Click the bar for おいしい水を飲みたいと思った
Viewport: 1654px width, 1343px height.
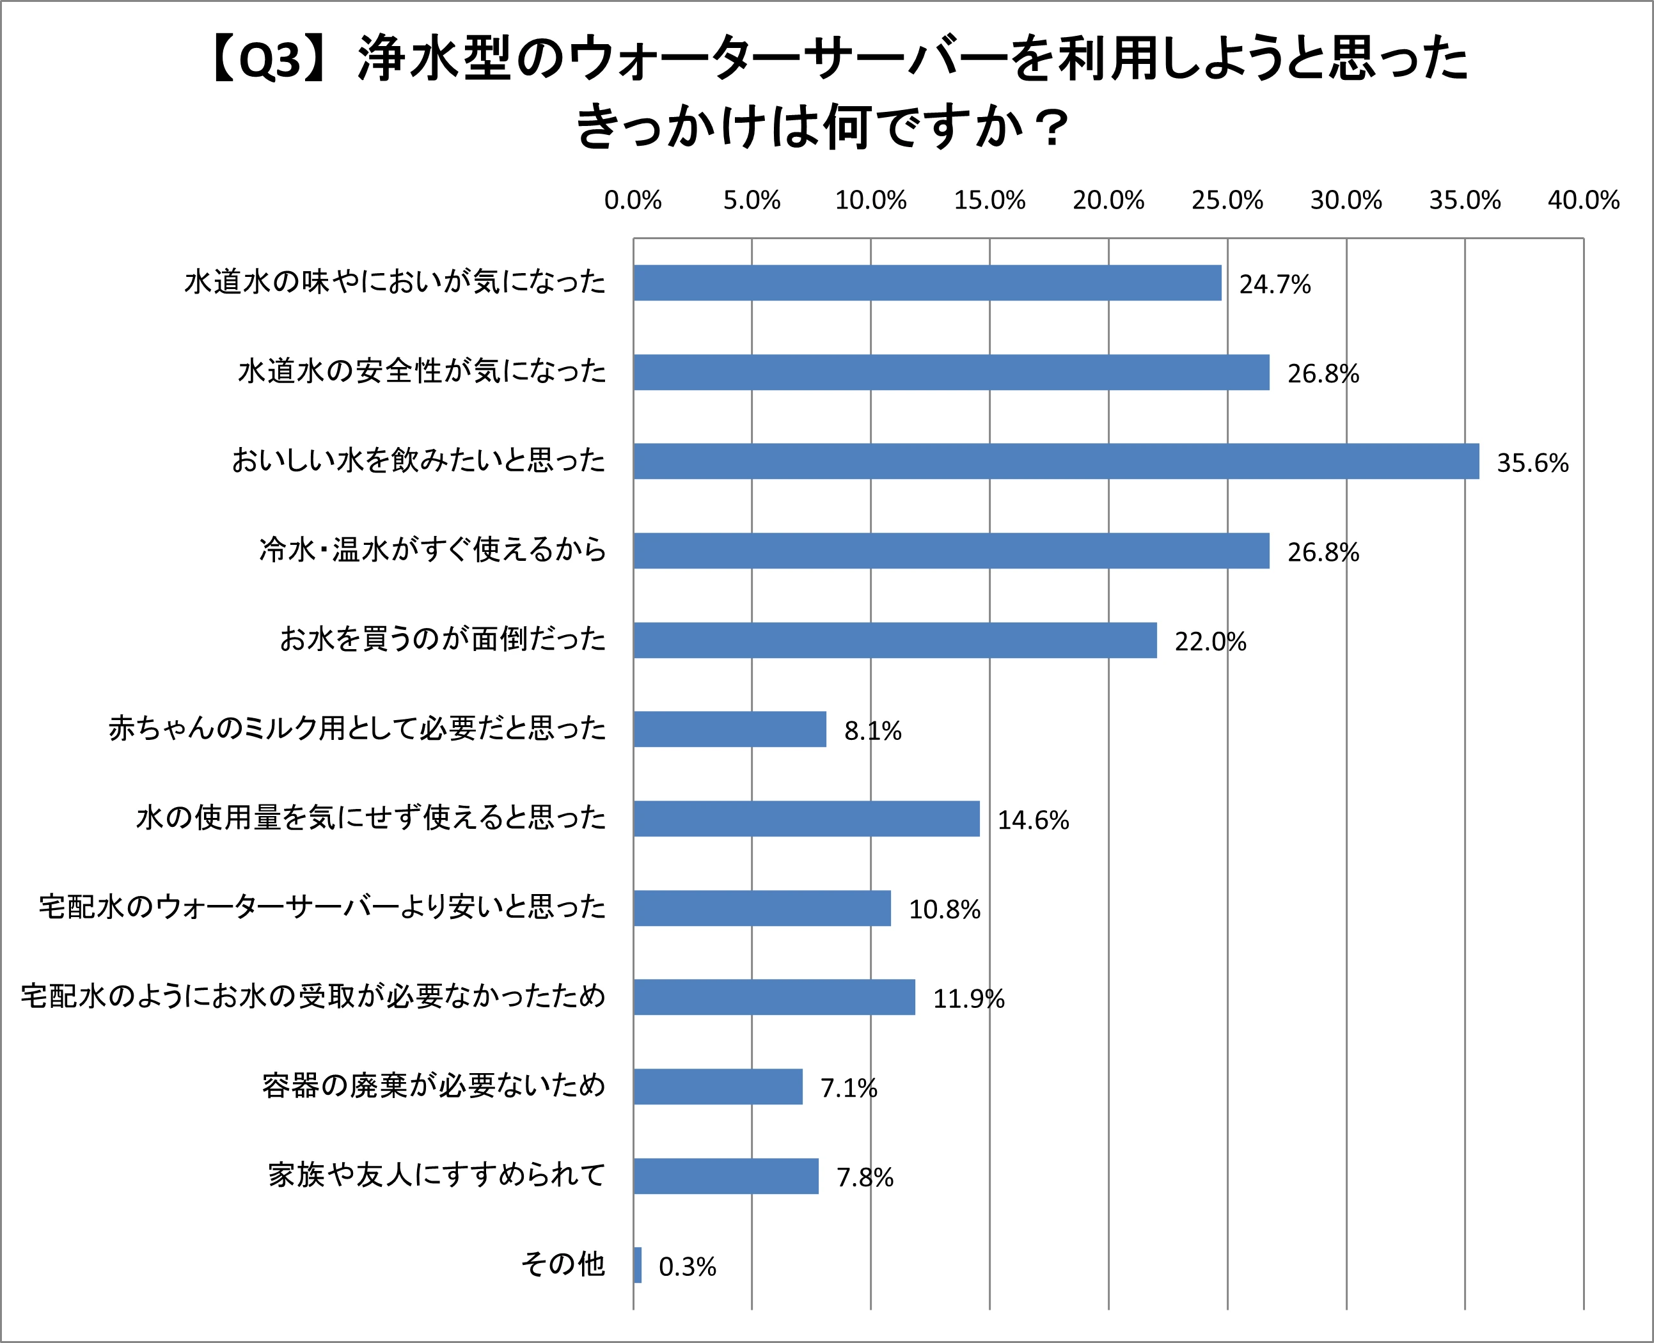click(1056, 461)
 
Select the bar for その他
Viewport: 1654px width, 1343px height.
click(638, 1265)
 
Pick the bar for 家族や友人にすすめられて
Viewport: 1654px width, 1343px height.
click(726, 1176)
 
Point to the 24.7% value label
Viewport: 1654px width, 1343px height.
click(1275, 285)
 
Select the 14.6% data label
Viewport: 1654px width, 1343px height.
click(1033, 820)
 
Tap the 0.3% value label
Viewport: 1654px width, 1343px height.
click(687, 1267)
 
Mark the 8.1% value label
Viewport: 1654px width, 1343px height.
click(872, 731)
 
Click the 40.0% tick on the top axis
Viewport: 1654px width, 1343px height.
click(1584, 200)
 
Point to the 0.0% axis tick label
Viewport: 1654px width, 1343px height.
click(633, 200)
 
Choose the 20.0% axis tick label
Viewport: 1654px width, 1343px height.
click(1108, 200)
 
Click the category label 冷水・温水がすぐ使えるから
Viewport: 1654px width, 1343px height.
click(432, 550)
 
